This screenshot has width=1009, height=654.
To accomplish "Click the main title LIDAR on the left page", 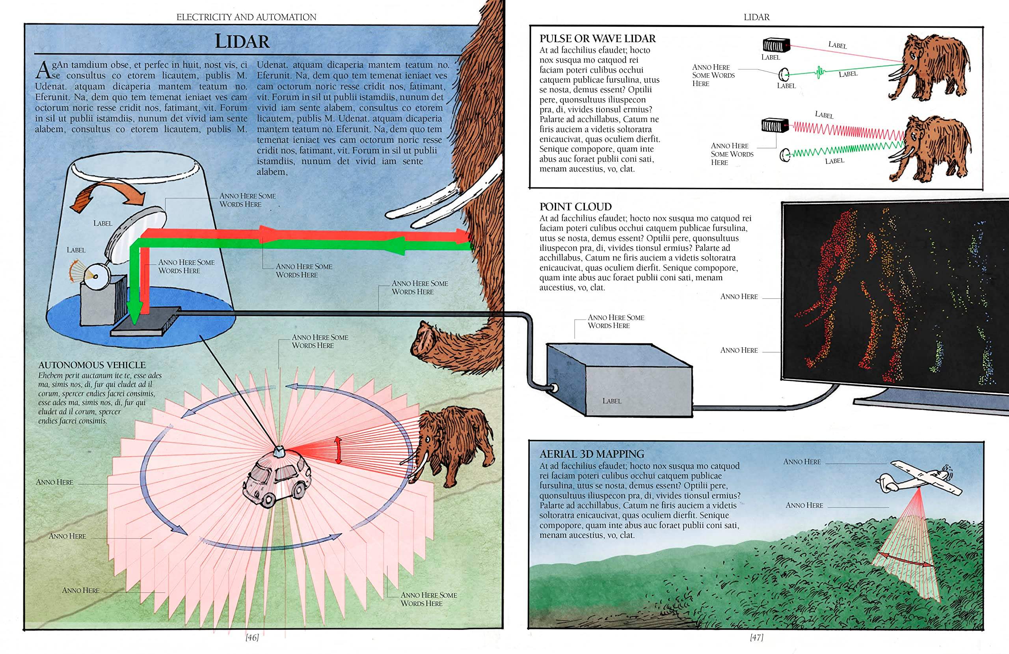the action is (x=242, y=41).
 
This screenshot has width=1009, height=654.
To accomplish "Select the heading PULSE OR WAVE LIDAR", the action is (x=598, y=39).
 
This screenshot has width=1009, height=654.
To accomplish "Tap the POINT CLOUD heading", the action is (x=575, y=207).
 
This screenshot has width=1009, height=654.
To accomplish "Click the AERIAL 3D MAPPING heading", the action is (x=592, y=454).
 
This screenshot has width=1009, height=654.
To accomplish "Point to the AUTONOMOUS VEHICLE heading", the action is (x=92, y=365).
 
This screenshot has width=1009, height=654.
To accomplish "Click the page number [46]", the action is (x=252, y=637).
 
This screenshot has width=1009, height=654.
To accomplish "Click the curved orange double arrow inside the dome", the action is (x=108, y=194).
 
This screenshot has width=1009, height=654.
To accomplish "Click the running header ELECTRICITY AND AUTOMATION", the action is (x=246, y=17).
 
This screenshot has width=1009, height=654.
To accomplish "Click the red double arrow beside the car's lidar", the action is (x=338, y=450).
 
